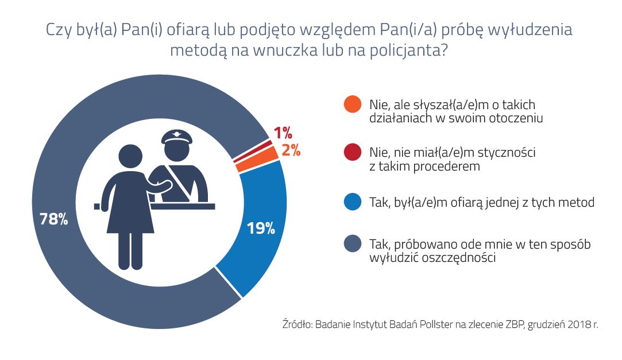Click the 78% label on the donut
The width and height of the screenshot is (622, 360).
pos(53,219)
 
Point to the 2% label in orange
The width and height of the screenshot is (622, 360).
pos(291,152)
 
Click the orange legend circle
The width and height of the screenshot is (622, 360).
pos(352,104)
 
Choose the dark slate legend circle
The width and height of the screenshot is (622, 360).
pos(352,245)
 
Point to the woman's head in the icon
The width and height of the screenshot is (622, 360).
pos(130,156)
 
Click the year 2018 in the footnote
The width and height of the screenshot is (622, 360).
pos(575,324)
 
